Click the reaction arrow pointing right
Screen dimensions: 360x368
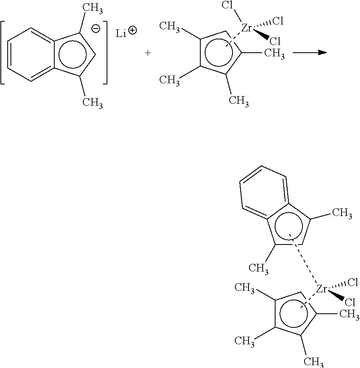[310, 53]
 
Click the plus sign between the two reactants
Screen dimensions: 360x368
[148, 53]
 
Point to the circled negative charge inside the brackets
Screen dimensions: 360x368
[96, 29]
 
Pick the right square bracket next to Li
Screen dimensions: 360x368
[106, 52]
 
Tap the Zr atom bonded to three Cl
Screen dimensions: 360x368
[247, 28]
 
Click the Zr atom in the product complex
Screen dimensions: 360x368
[321, 289]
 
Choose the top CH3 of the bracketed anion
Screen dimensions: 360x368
[93, 8]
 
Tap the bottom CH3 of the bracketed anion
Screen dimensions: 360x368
[93, 103]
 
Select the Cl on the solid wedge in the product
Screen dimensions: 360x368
[350, 302]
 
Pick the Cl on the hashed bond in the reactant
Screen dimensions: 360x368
[278, 21]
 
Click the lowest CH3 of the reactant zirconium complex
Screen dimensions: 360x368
[239, 101]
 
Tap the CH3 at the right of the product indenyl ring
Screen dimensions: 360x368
[342, 213]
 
